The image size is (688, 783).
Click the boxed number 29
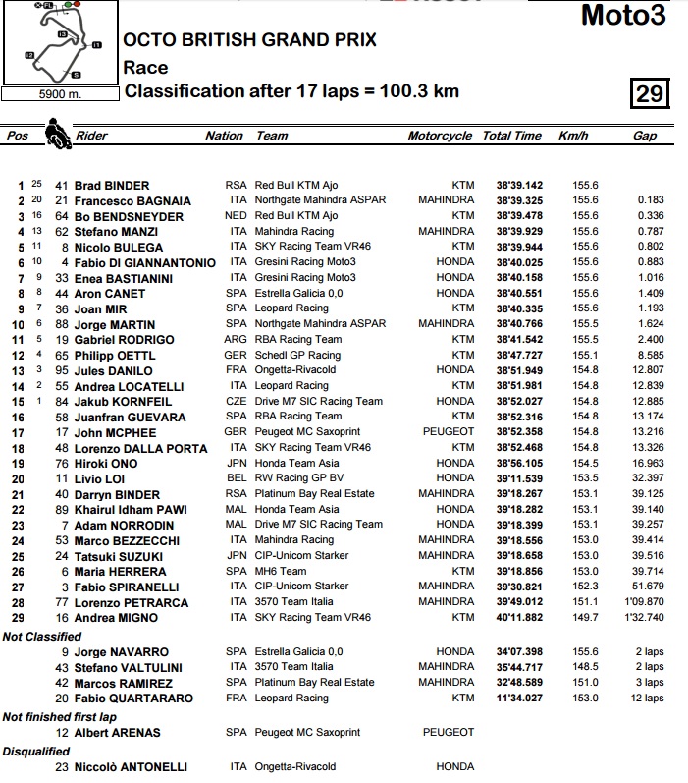650,94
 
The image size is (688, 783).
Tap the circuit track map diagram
59,44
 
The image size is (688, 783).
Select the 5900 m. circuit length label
58,95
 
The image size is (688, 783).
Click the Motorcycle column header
440,137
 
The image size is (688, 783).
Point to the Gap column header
645,137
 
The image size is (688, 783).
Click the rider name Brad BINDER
113,185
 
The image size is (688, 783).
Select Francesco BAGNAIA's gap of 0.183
649,200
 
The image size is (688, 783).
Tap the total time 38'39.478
511,216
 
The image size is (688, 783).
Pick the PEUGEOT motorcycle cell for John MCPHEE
450,432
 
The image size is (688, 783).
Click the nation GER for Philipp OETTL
237,355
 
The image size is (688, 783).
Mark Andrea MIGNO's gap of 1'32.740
642,617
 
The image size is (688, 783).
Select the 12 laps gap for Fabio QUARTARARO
648,698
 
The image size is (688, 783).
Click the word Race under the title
145,67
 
